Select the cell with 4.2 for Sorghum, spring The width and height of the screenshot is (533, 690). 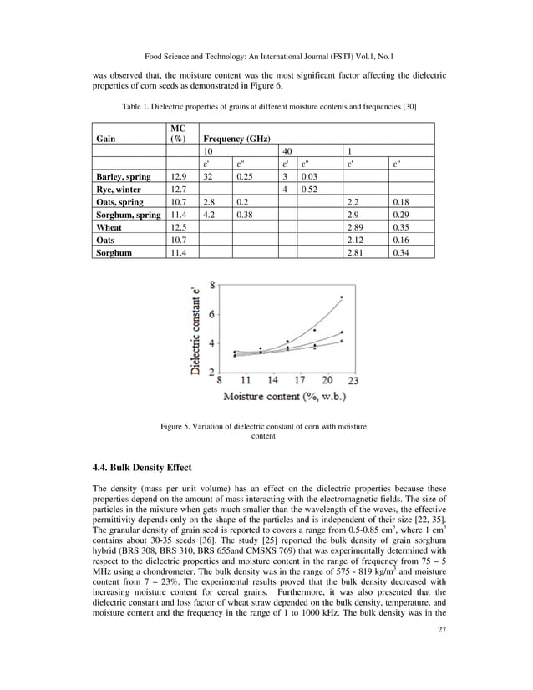211,215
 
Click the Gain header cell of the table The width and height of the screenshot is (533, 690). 106,140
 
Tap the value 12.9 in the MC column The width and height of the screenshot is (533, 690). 177,177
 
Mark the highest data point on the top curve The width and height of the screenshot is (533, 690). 341,297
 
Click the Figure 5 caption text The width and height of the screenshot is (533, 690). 263,432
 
